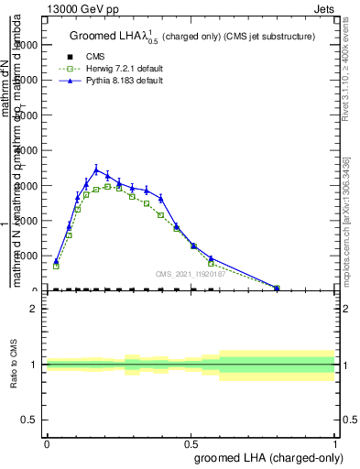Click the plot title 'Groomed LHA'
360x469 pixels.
tap(110, 37)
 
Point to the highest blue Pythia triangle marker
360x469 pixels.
tap(96, 169)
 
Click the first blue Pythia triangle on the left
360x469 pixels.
tap(56, 261)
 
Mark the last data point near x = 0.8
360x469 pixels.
tap(277, 288)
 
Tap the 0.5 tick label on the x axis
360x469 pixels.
tap(191, 443)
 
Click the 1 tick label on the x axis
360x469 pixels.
tap(335, 443)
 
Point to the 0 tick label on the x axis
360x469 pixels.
tap(47, 443)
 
